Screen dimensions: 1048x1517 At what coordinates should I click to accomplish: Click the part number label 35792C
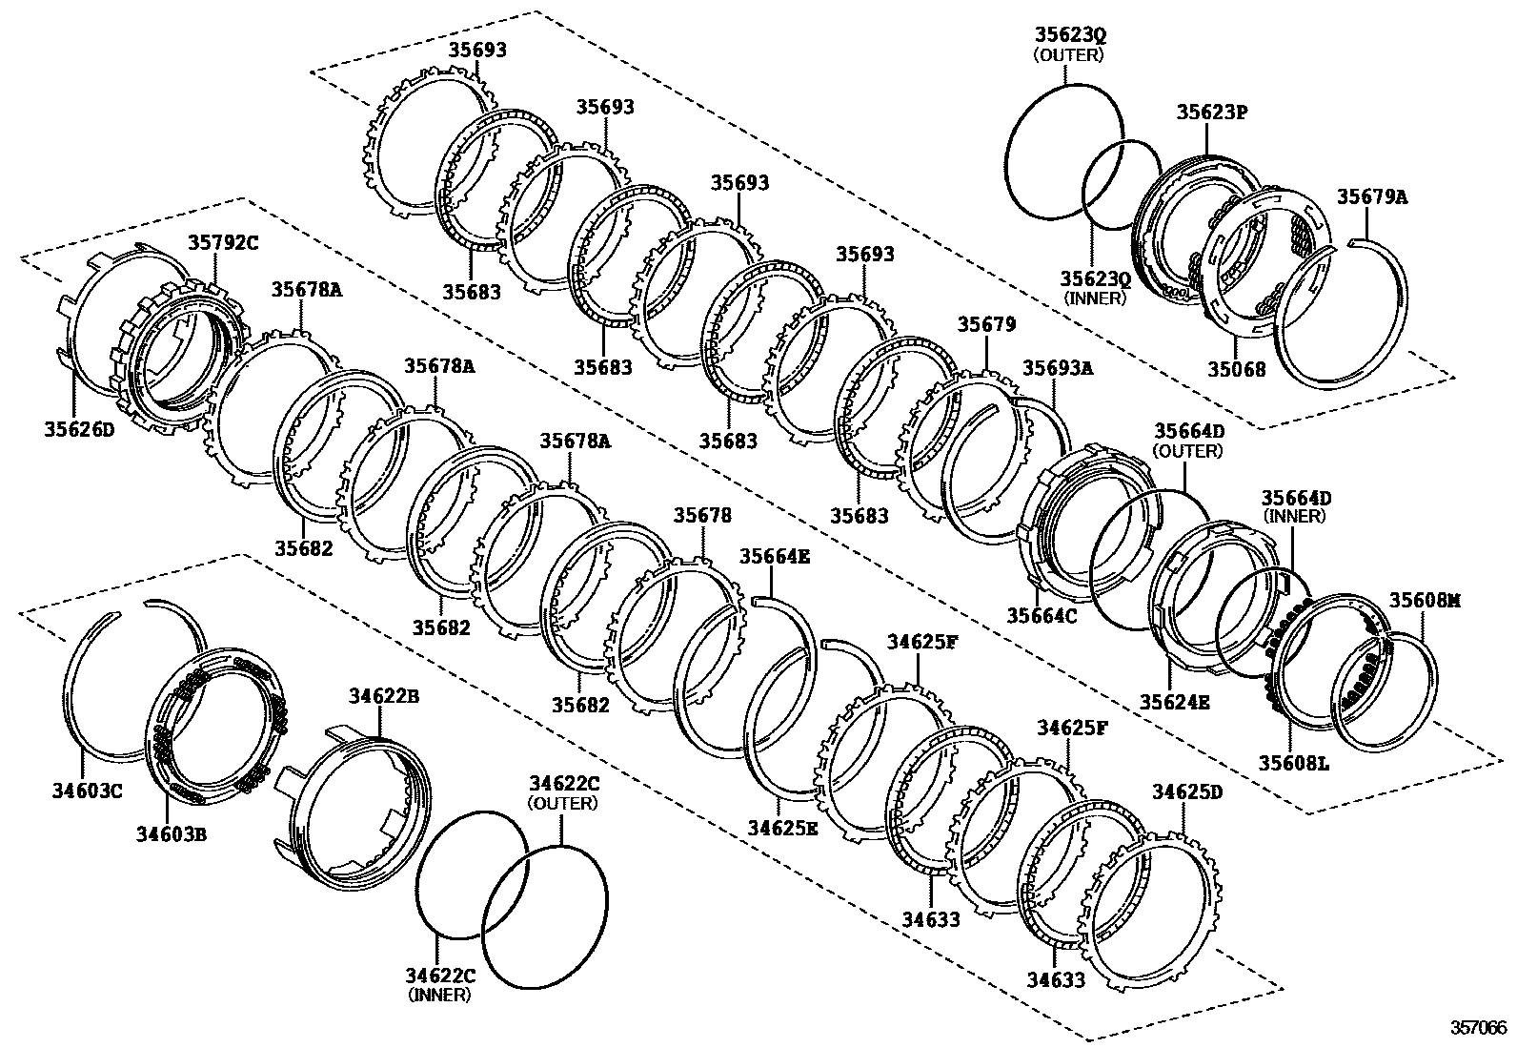[x=222, y=242]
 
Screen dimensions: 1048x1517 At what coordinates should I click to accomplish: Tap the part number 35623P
[x=1211, y=113]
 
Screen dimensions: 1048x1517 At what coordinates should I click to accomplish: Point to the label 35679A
[x=1372, y=197]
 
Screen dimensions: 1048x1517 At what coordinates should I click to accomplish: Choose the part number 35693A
[x=1058, y=367]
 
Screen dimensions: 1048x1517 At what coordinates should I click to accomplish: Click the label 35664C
[x=1042, y=615]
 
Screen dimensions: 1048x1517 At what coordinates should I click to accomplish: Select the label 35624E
[x=1175, y=703]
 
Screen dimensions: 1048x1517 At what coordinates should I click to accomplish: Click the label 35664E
[x=775, y=556]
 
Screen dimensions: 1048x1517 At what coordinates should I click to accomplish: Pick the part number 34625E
[x=782, y=827]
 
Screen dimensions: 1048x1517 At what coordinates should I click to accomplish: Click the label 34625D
[x=1186, y=792]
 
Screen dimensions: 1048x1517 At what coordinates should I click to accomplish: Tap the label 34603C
[x=87, y=790]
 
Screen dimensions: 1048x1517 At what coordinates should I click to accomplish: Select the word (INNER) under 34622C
[x=438, y=996]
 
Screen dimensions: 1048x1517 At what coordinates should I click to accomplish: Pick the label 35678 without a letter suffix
[x=703, y=516]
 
